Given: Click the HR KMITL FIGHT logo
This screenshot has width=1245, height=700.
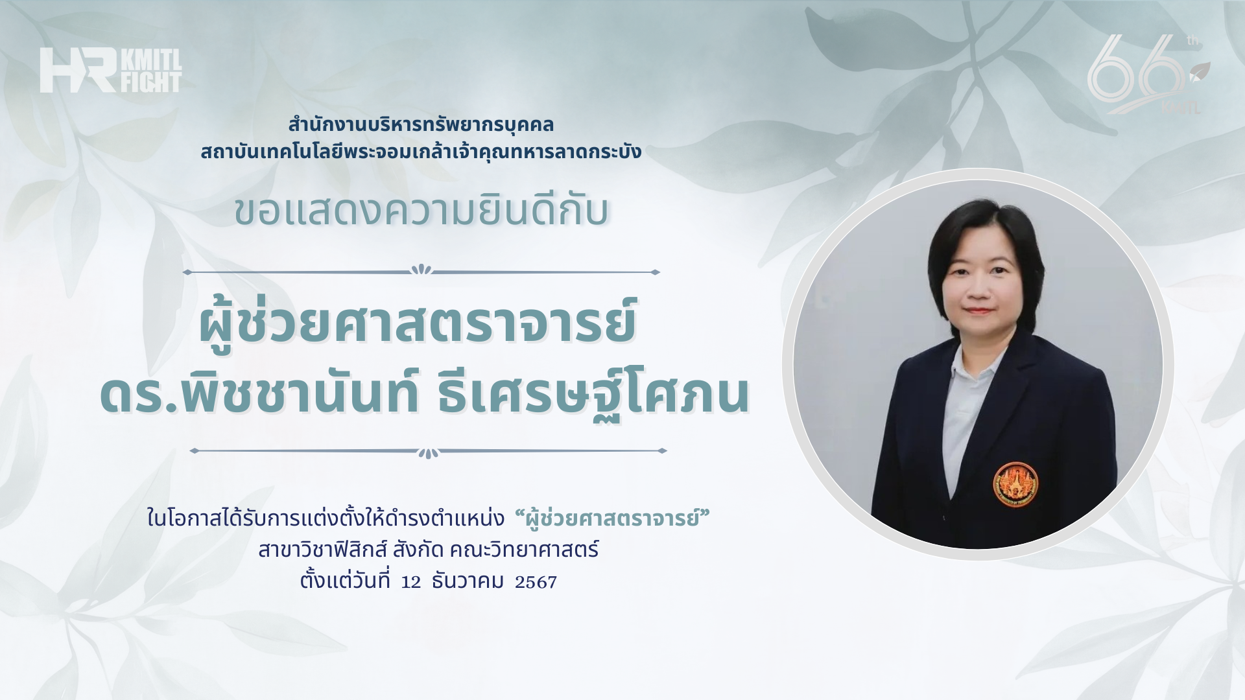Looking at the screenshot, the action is [x=110, y=70].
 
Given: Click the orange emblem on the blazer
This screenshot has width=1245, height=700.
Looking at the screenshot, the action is [x=1015, y=485].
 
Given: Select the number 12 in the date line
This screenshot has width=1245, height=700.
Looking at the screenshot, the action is [x=411, y=582].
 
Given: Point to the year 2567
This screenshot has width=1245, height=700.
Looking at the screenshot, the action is [x=536, y=582].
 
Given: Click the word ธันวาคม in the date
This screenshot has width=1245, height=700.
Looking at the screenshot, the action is [x=467, y=581].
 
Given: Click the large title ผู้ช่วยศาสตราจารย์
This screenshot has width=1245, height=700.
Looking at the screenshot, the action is [x=418, y=321].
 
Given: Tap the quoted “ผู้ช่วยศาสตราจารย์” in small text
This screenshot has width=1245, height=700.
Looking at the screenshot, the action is [x=611, y=519].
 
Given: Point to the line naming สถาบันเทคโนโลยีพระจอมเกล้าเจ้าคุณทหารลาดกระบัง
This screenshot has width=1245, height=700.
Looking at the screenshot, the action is [x=421, y=152].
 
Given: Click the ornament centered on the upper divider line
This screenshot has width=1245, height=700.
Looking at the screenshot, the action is [x=421, y=270].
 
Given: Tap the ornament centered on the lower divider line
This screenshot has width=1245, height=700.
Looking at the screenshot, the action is [x=428, y=452].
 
